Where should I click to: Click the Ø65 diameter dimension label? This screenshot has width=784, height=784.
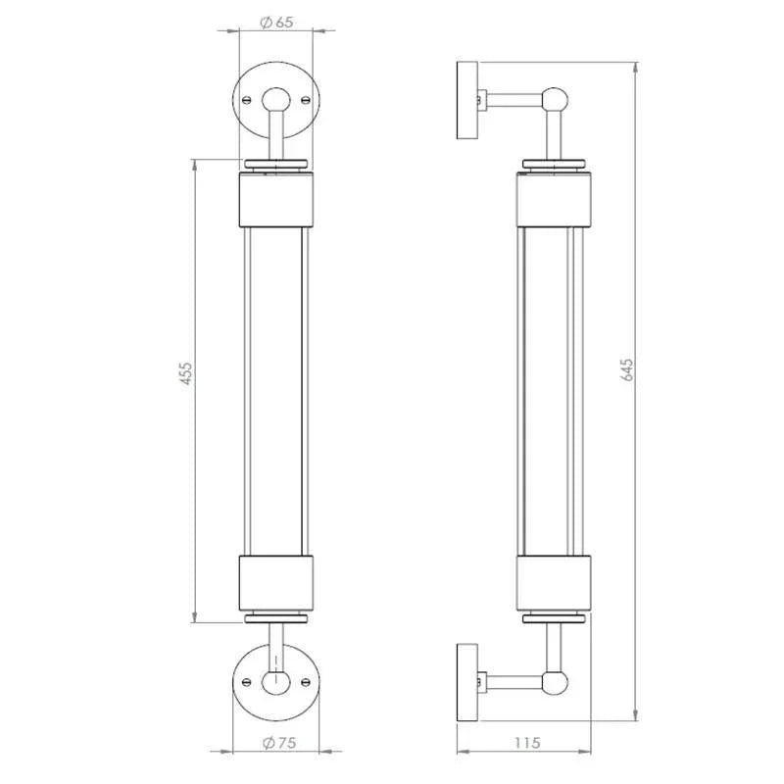[x=277, y=23]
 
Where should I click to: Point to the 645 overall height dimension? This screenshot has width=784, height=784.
[x=628, y=370]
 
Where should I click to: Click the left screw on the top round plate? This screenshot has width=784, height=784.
[x=247, y=98]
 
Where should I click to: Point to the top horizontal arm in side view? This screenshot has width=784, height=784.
[x=514, y=99]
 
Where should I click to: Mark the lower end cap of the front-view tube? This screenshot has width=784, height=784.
[x=276, y=583]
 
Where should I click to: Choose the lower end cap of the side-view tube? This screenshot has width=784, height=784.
[x=555, y=583]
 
